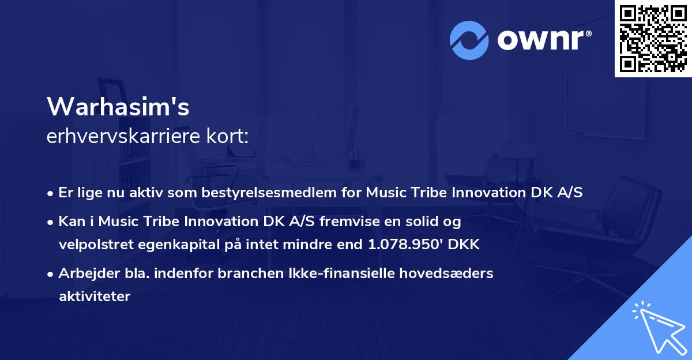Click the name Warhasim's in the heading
click(118, 106)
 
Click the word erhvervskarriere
click(123, 136)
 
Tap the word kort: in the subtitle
click(227, 136)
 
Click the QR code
click(653, 39)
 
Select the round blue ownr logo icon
click(469, 40)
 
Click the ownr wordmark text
click(541, 40)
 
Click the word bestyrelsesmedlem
click(269, 193)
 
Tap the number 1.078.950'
click(405, 244)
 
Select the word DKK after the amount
click(464, 244)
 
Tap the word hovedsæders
click(446, 273)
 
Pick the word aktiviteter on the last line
click(95, 297)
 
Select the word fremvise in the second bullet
click(349, 222)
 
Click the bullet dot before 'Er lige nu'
click(50, 194)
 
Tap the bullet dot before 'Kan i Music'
click(50, 223)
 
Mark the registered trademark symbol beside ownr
click(589, 33)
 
